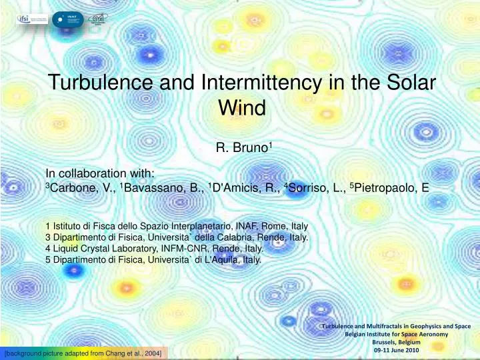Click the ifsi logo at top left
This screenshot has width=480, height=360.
[33, 17]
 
